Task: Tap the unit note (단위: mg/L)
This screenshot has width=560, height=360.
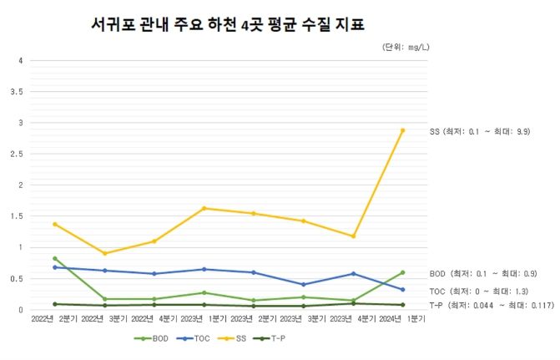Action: (x=405, y=48)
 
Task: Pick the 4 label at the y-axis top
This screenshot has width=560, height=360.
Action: (x=21, y=60)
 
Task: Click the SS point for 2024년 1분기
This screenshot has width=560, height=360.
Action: (x=402, y=130)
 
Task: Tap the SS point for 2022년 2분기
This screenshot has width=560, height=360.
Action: (x=55, y=224)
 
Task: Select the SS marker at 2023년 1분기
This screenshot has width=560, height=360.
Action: (x=204, y=208)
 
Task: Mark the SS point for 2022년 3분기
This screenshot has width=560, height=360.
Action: (x=105, y=253)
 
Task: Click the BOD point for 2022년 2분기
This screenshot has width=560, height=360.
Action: (x=55, y=258)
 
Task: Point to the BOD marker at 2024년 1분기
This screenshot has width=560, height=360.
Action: (x=402, y=272)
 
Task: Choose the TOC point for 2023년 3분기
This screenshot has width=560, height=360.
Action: (x=304, y=284)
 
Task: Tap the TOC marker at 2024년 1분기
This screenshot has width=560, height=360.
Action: (x=402, y=290)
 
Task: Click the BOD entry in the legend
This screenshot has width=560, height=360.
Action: (x=153, y=338)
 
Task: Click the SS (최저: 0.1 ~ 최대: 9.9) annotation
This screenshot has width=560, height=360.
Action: (x=480, y=132)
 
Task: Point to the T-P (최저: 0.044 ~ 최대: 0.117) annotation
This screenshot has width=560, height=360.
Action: (x=492, y=306)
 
